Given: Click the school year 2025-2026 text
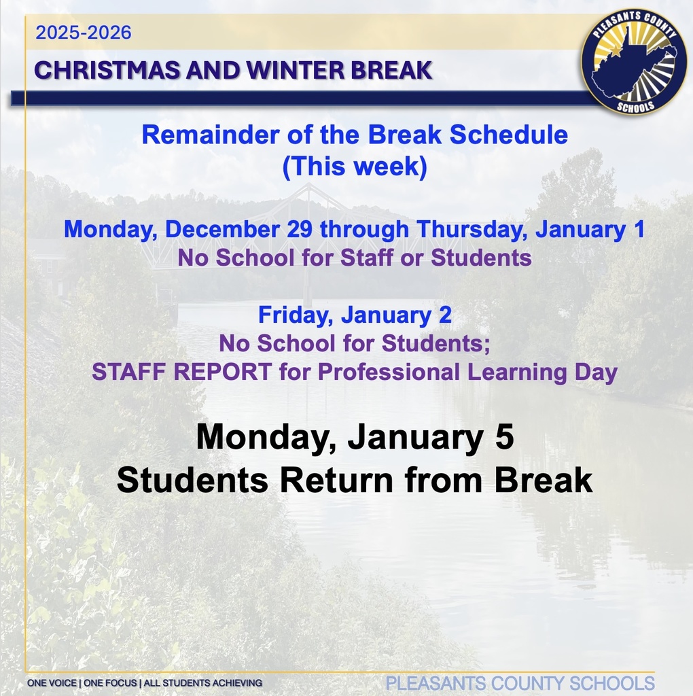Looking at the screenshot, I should (x=84, y=33).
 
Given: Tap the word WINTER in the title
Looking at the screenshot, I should (x=299, y=70).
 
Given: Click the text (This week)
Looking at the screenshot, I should (x=354, y=167).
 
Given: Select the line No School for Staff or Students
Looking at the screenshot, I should (x=354, y=258).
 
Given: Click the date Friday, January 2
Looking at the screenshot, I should (x=354, y=315).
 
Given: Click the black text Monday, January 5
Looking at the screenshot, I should (x=354, y=437).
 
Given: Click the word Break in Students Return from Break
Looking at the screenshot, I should (x=543, y=481).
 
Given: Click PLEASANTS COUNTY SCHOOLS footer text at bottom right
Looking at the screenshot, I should (x=520, y=683).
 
